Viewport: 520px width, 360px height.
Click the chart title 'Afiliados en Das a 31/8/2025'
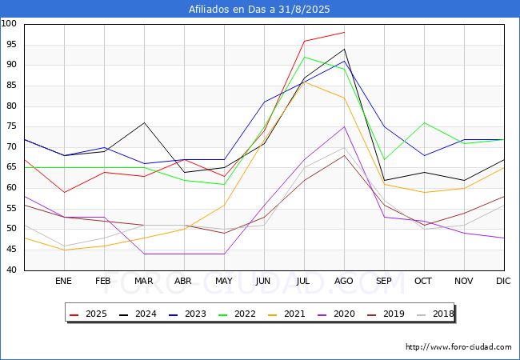tap(259, 10)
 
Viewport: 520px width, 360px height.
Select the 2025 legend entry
tap(88, 314)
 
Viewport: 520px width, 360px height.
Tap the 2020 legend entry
tap(336, 314)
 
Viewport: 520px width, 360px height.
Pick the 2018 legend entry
tap(435, 314)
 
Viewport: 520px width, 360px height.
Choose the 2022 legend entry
tap(237, 314)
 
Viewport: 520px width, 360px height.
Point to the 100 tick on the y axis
tap(9, 23)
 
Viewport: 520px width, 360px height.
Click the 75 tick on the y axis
tap(11, 126)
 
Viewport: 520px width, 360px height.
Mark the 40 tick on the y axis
tap(11, 270)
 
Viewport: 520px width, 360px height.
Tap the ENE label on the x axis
tap(63, 281)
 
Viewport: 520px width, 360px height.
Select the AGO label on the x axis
tap(343, 281)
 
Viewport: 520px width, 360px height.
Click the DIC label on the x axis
tap(503, 281)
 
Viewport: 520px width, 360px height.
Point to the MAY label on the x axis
tap(224, 281)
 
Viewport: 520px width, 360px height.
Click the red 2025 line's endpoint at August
tap(344, 33)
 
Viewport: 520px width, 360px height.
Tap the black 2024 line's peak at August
tap(344, 49)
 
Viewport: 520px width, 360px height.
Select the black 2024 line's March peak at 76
tap(144, 122)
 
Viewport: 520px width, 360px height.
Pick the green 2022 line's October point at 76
tap(425, 122)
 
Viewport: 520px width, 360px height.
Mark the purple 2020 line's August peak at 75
tap(344, 126)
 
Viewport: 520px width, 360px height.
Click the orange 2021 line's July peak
tap(305, 82)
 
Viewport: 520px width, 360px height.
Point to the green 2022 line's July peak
tap(305, 57)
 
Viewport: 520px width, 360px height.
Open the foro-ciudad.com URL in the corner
tap(458, 347)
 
